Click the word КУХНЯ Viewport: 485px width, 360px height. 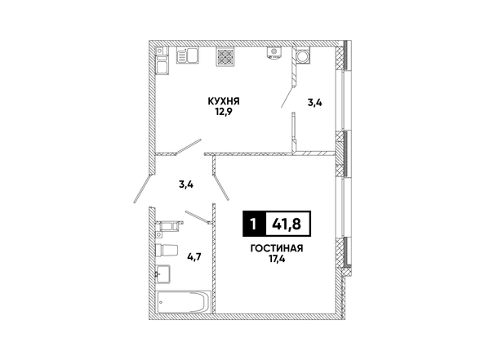[224, 101]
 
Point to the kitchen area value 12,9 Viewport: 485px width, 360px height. [224, 111]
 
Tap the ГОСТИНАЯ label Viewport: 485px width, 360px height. [277, 248]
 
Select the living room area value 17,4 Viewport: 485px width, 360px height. [277, 259]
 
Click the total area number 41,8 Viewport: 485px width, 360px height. [286, 224]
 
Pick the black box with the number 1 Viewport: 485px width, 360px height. [254, 224]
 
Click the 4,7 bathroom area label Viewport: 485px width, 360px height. [194, 256]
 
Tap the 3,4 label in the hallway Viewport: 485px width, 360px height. [186, 184]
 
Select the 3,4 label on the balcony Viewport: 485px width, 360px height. [314, 102]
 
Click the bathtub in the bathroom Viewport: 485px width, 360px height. [184, 302]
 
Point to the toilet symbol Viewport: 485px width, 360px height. [167, 251]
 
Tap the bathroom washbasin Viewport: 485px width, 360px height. [162, 273]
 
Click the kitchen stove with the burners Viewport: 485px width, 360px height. [225, 56]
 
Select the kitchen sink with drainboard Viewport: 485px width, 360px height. [187, 56]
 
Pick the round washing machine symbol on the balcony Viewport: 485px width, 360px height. [302, 56]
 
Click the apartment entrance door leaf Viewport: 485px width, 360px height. [143, 189]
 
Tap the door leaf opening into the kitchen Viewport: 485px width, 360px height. [189, 146]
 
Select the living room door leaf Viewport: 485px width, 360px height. [220, 188]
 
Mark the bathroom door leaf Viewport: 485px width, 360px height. [198, 216]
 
